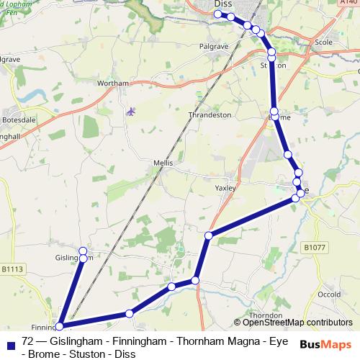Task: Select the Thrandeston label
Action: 209,114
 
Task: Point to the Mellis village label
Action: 163,163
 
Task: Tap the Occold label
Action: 329,294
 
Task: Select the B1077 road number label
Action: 314,247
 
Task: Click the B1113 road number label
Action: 12,269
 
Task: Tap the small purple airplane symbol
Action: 130,111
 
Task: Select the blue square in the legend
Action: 12,342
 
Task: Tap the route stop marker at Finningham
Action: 60,326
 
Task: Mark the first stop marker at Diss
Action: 217,14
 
